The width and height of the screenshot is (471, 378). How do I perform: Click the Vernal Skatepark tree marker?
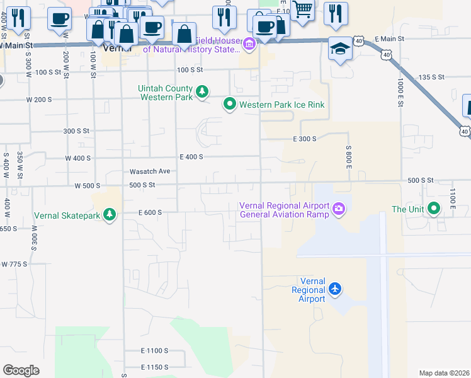[x=110, y=215]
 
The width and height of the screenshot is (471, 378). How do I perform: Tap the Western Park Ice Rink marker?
[x=230, y=105]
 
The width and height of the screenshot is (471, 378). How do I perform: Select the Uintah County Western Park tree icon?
[x=202, y=93]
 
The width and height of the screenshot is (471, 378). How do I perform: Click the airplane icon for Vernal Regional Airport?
[x=334, y=289]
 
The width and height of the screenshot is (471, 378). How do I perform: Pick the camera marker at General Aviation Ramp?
[x=339, y=209]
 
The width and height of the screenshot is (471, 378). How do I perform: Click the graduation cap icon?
[x=340, y=49]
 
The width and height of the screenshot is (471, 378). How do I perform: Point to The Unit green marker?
[x=434, y=209]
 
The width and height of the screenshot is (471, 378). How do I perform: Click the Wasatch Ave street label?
[x=150, y=171]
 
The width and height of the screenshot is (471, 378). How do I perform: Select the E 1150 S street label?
[x=155, y=367]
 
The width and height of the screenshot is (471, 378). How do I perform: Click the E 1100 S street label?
[x=155, y=350]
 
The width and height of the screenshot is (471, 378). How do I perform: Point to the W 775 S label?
[x=14, y=264]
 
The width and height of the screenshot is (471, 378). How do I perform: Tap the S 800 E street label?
[x=348, y=156]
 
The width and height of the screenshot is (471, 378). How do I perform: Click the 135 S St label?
[x=432, y=77]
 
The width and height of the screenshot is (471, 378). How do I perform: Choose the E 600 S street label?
[x=151, y=212]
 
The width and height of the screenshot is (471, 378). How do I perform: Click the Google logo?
[x=21, y=370]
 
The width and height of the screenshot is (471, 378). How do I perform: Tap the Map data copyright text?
[x=444, y=373]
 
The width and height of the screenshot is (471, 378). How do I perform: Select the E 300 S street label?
[x=304, y=139]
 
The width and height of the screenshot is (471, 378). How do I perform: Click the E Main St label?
[x=389, y=39]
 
